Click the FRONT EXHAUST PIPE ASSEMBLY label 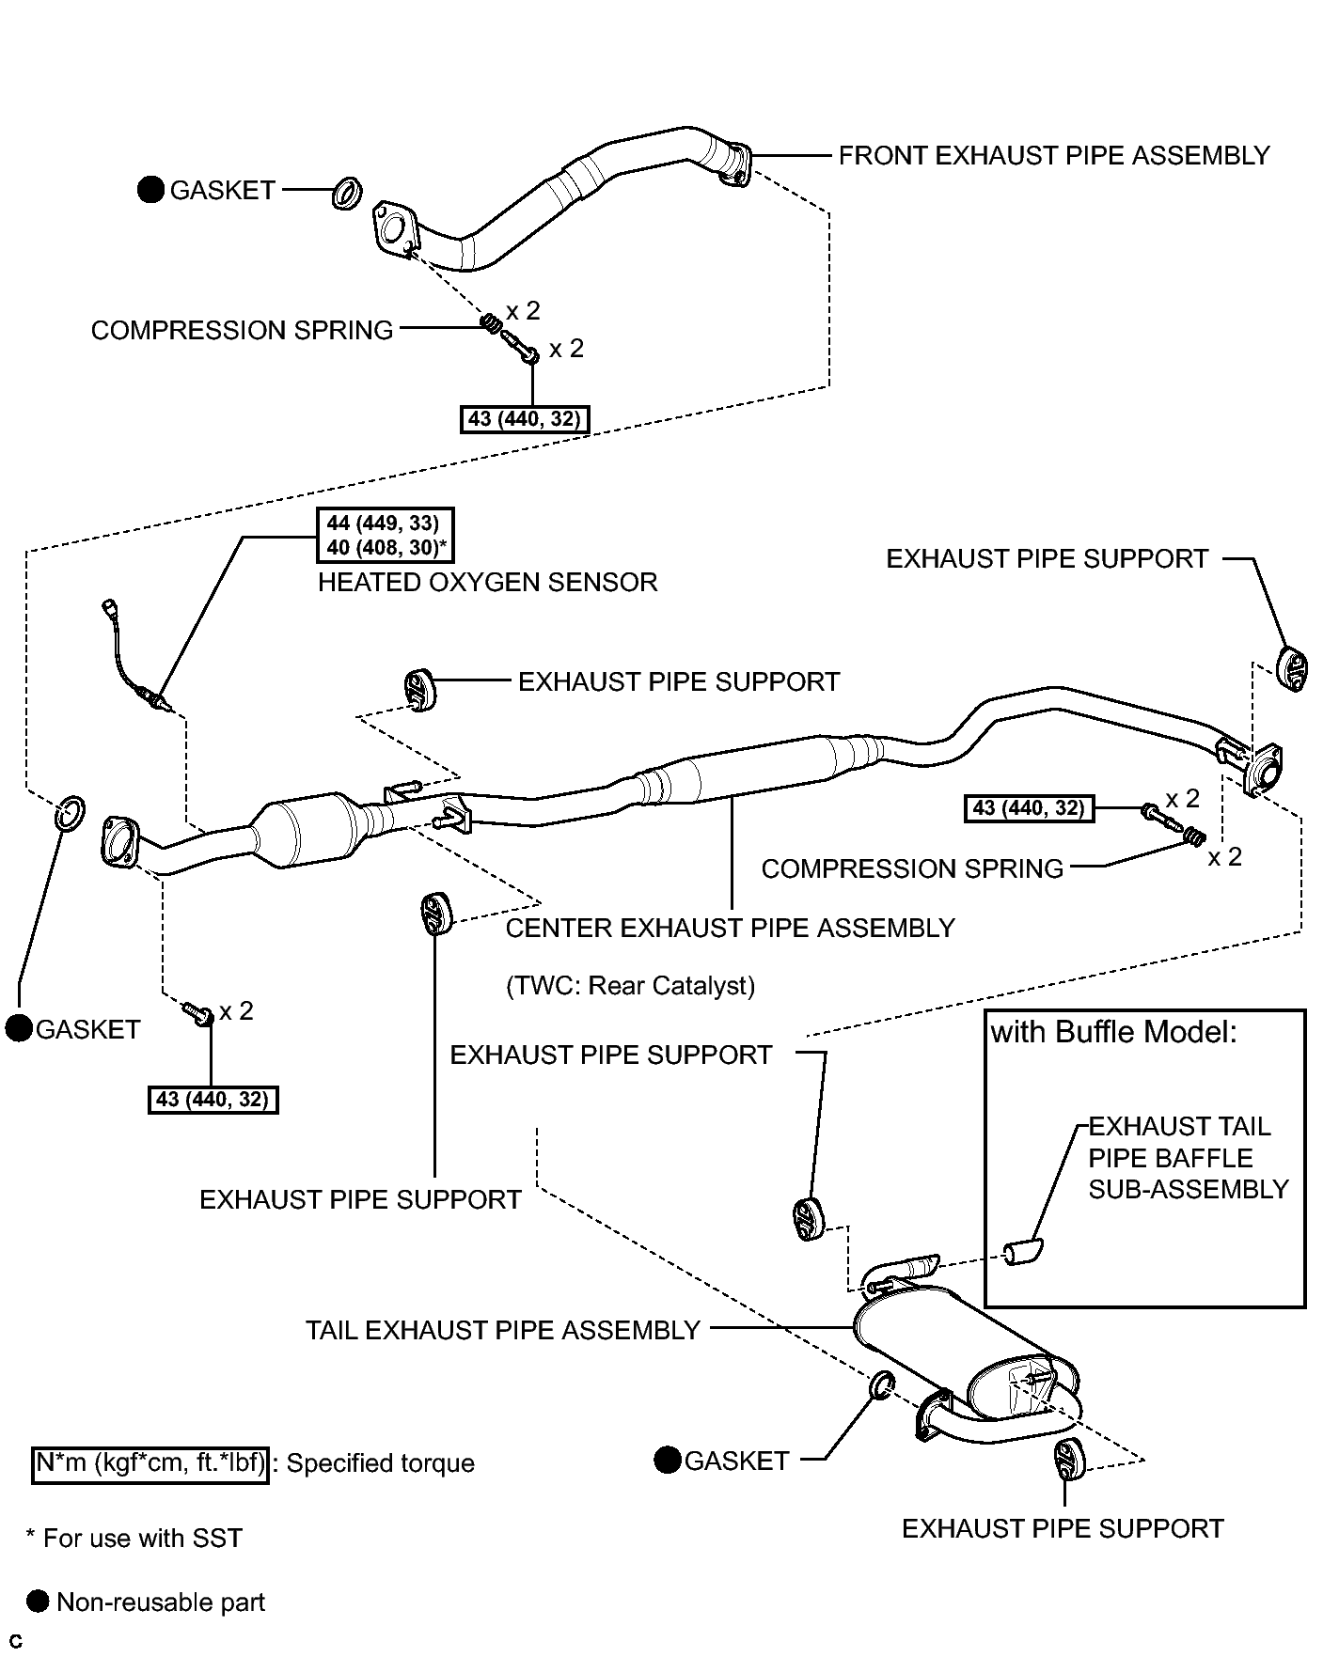point(1053,155)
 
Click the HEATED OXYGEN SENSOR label point(487,583)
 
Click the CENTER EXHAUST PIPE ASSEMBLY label point(730,929)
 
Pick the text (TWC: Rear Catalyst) point(630,986)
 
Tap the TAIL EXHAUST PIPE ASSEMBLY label point(503,1331)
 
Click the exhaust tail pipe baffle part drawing point(1022,1252)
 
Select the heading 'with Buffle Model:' point(1113,1033)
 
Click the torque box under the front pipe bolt point(525,418)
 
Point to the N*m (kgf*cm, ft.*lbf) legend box point(150,1463)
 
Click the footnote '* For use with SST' point(134,1539)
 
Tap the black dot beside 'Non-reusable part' point(38,1602)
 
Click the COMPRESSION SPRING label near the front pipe point(242,331)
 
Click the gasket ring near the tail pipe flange point(882,1384)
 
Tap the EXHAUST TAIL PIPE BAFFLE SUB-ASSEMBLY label point(1188,1158)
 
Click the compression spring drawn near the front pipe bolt point(490,323)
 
